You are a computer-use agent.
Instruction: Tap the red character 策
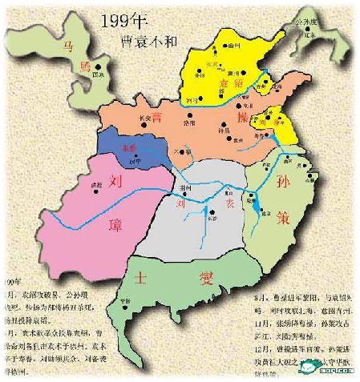(302, 219)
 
